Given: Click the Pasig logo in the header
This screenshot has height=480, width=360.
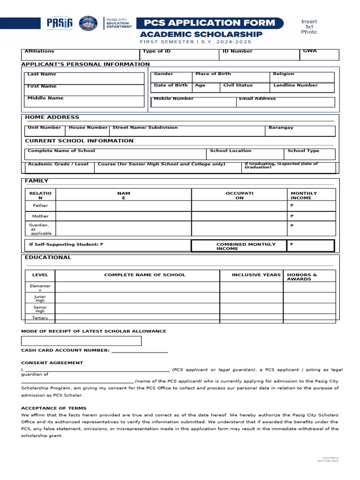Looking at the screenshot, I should click(x=60, y=23).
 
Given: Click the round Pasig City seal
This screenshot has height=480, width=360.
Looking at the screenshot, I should click(x=86, y=23).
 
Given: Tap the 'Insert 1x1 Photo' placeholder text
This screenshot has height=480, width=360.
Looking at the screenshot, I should click(x=309, y=27).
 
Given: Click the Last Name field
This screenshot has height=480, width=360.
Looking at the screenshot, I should click(x=84, y=78).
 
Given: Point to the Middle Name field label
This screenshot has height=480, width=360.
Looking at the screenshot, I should click(x=45, y=98).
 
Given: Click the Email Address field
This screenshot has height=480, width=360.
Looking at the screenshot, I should click(x=285, y=102).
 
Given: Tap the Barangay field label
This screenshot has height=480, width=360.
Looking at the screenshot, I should click(x=281, y=127).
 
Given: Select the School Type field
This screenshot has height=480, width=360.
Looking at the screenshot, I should click(x=309, y=154).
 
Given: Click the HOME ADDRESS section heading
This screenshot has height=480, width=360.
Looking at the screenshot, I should click(x=52, y=117).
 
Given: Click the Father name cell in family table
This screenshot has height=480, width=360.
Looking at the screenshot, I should click(x=123, y=206).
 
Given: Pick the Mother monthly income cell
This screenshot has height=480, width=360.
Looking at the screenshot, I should click(x=311, y=217).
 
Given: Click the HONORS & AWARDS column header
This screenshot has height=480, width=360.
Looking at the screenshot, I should click(x=302, y=277).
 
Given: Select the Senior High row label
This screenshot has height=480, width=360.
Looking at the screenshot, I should click(x=40, y=309).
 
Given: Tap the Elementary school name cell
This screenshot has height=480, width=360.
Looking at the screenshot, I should click(x=137, y=286).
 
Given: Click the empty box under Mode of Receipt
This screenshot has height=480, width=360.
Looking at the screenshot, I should click(x=81, y=341).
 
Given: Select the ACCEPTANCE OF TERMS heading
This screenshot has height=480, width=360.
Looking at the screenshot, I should click(x=54, y=408).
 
